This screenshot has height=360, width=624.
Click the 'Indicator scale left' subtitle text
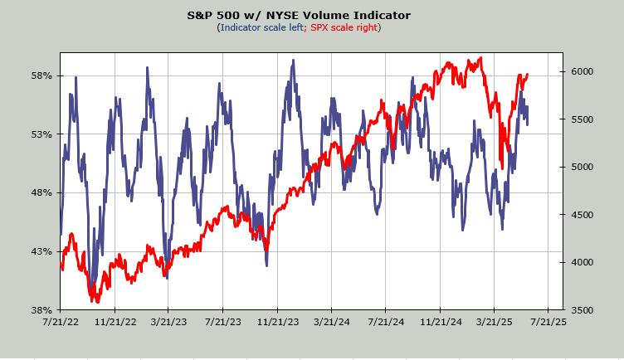pos(262,27)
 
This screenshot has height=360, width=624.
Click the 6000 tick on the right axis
pos(583,71)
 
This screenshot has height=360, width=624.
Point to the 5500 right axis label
pos(583,119)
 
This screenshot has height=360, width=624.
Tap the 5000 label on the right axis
pos(583,167)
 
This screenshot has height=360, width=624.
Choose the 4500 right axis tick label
pos(583,215)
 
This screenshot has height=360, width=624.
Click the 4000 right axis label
pos(583,262)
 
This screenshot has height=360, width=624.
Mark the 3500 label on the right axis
pos(583,310)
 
